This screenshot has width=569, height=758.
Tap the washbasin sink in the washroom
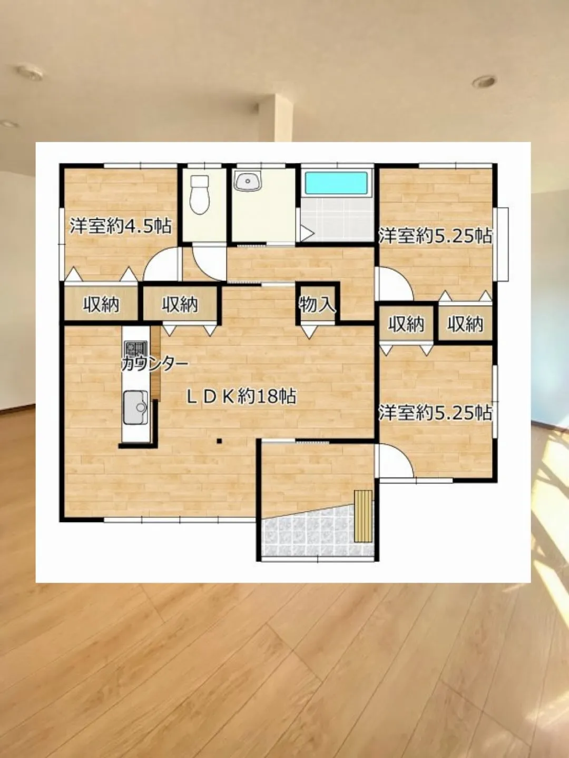click(x=248, y=180)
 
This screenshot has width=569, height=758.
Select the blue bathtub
click(x=336, y=183)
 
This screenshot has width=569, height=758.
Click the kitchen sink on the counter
click(x=135, y=407)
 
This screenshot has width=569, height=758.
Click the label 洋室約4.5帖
click(x=121, y=226)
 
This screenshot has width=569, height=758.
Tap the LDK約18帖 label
click(x=241, y=396)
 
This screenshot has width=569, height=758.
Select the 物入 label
click(x=318, y=305)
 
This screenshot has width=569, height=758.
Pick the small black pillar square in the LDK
click(x=219, y=441)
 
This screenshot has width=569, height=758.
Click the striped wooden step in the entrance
click(x=364, y=516)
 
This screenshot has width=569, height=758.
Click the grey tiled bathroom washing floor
click(x=337, y=219)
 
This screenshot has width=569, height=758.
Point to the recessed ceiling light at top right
click(x=484, y=82)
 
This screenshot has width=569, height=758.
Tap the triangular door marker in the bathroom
click(x=307, y=233)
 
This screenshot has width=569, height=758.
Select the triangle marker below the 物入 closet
click(x=309, y=331)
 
